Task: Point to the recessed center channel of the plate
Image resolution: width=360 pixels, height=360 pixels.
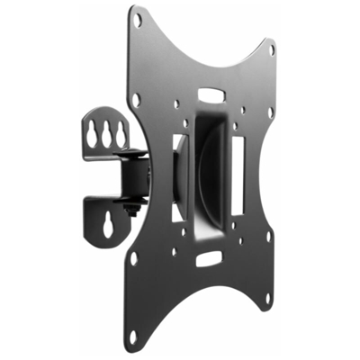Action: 209,171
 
